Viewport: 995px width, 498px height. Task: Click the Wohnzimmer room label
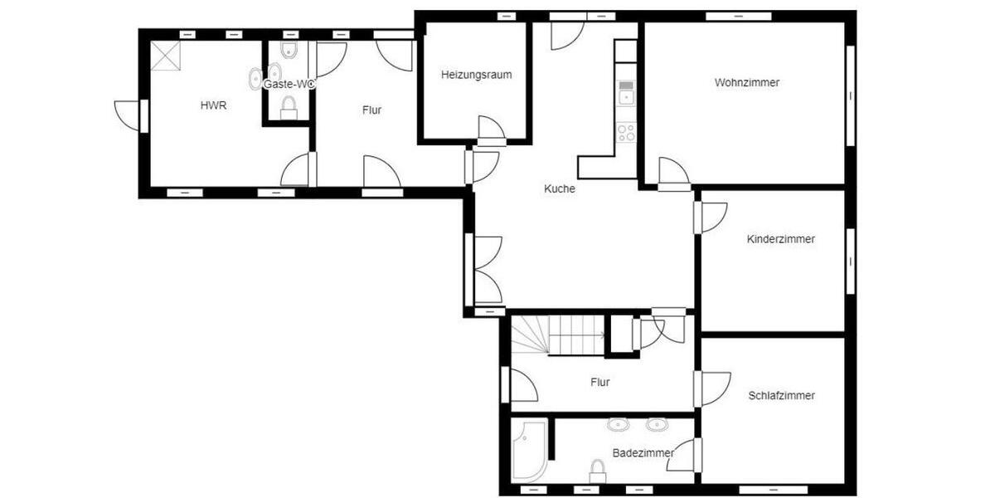pos(746,82)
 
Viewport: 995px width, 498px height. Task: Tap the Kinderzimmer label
pos(780,239)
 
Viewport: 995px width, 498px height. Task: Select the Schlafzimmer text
pos(780,395)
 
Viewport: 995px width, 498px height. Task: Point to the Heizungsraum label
pos(476,74)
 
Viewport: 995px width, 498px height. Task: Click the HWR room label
pos(213,105)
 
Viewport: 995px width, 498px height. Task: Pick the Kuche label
pos(559,188)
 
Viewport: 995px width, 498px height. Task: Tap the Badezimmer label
pos(643,452)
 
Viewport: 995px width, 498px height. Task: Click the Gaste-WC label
pos(289,84)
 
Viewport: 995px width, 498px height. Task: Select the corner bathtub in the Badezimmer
pos(528,449)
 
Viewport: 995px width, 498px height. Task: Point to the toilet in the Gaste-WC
pos(289,107)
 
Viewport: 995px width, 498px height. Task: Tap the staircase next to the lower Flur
pos(556,335)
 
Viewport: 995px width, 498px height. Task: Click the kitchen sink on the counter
pos(625,92)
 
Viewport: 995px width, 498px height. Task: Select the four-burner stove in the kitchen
pos(625,132)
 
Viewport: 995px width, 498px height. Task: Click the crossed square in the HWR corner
pos(165,56)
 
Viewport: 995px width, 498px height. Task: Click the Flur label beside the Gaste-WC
pos(371,110)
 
